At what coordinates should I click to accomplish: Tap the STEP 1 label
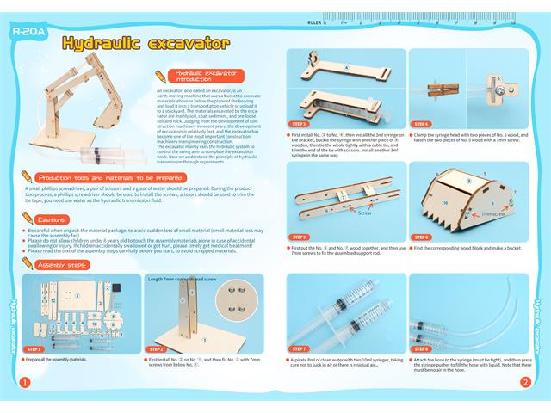(34, 349)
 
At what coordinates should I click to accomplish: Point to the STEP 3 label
(300, 124)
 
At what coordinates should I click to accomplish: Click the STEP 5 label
(300, 237)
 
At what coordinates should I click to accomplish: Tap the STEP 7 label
(300, 348)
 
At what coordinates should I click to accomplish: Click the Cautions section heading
(40, 221)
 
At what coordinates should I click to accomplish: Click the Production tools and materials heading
(98, 176)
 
